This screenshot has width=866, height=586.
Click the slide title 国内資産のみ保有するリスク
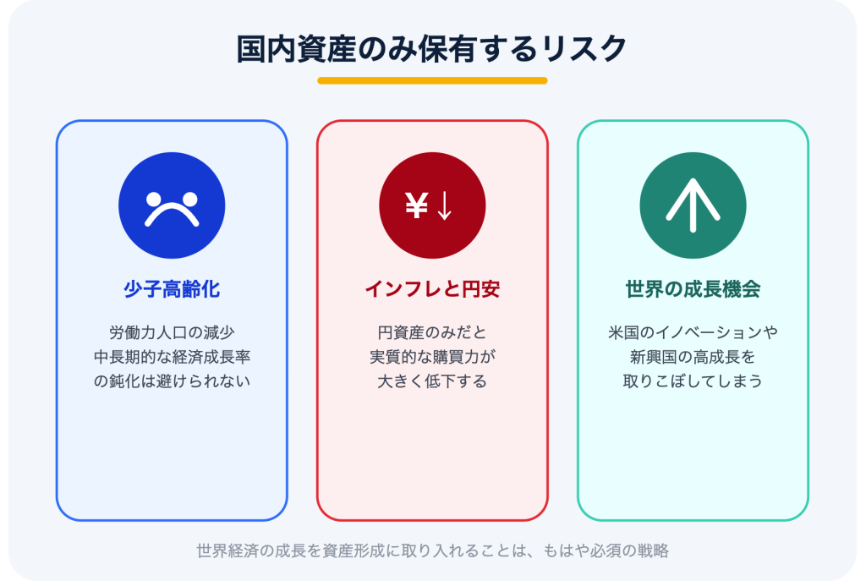click(432, 49)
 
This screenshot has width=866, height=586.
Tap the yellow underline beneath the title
click(432, 80)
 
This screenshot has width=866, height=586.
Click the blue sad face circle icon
click(172, 205)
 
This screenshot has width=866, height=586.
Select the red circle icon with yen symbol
click(432, 205)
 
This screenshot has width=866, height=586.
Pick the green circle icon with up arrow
click(693, 205)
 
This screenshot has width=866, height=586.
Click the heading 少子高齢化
click(172, 289)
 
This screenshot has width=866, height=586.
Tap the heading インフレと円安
click(432, 289)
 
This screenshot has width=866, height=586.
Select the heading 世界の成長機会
click(693, 289)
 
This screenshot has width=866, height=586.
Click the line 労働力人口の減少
click(172, 332)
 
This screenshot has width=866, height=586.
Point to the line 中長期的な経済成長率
click(172, 357)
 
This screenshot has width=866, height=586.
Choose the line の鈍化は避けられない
click(172, 381)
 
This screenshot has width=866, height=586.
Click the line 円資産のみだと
click(432, 332)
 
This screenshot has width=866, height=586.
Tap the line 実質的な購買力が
click(432, 357)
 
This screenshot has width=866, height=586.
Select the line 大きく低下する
click(432, 381)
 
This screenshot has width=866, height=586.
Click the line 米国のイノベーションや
click(693, 332)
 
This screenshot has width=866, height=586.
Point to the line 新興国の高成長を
click(693, 357)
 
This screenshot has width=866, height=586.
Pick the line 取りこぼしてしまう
click(693, 381)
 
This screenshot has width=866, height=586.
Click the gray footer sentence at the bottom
click(432, 550)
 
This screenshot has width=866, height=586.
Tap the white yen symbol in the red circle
click(416, 205)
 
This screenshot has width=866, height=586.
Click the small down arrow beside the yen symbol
click(445, 206)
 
